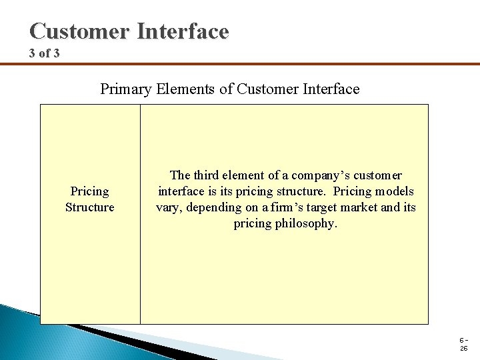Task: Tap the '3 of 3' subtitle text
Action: tap(44, 53)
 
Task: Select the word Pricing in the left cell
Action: tap(89, 191)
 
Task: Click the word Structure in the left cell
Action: tap(89, 207)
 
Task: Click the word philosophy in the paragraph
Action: tap(304, 223)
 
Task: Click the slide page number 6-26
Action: tap(463, 343)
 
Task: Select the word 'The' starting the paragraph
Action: tap(180, 175)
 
